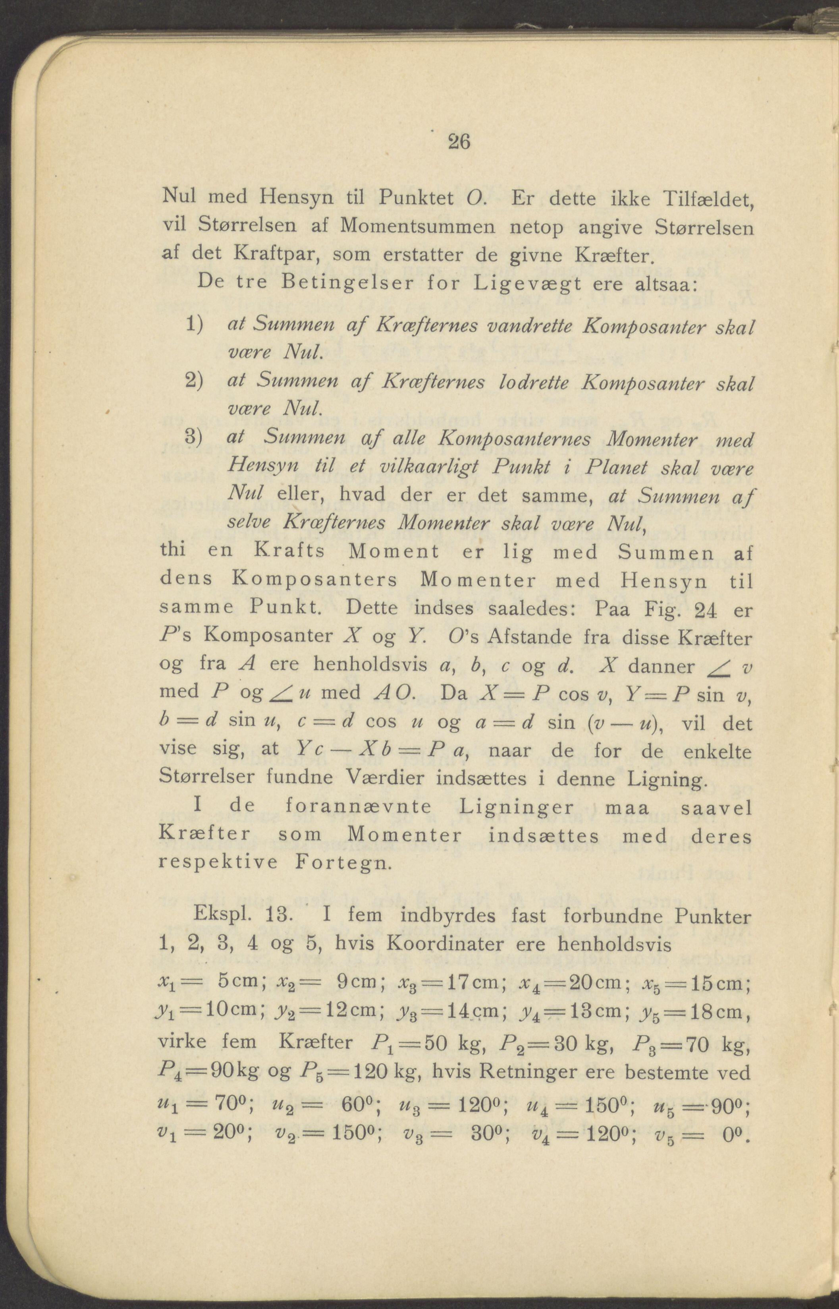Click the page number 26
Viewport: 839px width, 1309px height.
coord(458,143)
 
